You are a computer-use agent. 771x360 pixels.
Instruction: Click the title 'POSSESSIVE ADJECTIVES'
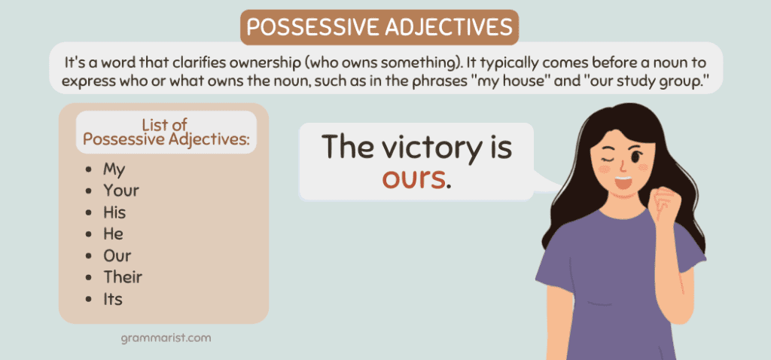click(379, 28)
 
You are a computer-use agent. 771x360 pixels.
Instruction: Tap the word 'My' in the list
click(114, 169)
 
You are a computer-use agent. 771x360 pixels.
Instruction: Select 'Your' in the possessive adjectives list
click(121, 191)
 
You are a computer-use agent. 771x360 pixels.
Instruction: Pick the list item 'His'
click(114, 212)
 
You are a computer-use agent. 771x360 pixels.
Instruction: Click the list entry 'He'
click(113, 234)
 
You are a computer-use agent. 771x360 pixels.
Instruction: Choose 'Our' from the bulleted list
click(117, 256)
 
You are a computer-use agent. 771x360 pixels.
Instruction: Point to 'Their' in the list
click(123, 277)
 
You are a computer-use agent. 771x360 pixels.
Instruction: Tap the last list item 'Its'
click(113, 299)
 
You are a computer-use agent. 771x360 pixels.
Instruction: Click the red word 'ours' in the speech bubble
click(413, 179)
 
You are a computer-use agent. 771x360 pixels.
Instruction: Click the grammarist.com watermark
click(166, 338)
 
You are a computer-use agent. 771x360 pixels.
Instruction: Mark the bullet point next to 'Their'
click(89, 277)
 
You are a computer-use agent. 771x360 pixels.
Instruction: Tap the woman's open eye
click(635, 157)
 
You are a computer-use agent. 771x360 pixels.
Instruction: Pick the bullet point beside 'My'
click(89, 169)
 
